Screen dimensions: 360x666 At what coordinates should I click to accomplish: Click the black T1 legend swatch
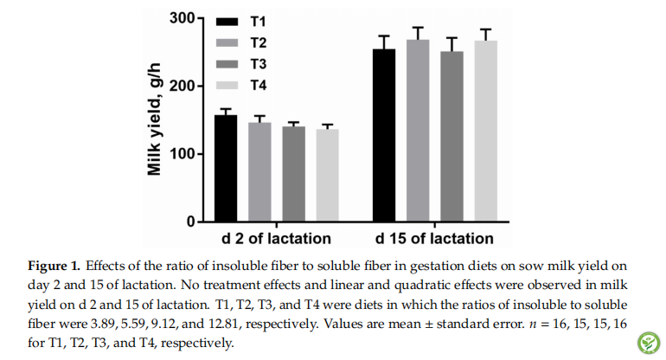pos(227,20)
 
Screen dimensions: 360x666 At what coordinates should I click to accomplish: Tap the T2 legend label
pos(259,42)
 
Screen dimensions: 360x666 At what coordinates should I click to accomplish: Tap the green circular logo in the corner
pos(647,343)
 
